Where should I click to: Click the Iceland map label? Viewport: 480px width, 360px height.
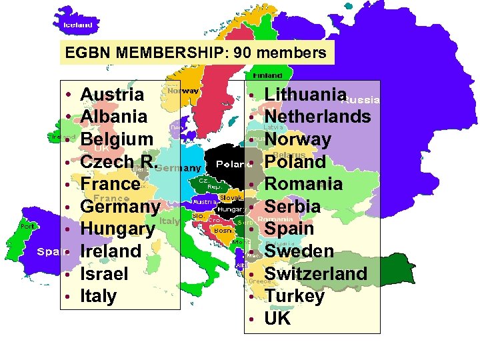[78, 25]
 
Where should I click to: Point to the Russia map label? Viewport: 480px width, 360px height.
[361, 101]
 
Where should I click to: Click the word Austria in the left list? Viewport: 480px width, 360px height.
[111, 94]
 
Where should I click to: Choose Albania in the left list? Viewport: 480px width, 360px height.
[113, 117]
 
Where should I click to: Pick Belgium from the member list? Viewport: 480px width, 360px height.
[117, 139]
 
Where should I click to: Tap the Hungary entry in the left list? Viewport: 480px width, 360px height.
[117, 229]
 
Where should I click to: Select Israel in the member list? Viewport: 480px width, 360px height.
[104, 273]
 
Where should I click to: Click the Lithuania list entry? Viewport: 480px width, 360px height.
[306, 95]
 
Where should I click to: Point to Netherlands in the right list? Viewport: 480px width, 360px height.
[317, 117]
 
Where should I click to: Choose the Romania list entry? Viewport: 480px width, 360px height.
[303, 184]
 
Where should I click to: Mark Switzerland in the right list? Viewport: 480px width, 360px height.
[315, 273]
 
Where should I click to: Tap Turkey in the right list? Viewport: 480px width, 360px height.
[294, 296]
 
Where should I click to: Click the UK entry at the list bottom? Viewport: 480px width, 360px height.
[277, 319]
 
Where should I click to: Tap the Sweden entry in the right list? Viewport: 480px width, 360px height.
[299, 251]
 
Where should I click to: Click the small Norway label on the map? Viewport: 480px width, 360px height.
[182, 90]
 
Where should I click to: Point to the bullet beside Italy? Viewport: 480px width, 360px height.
[69, 296]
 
